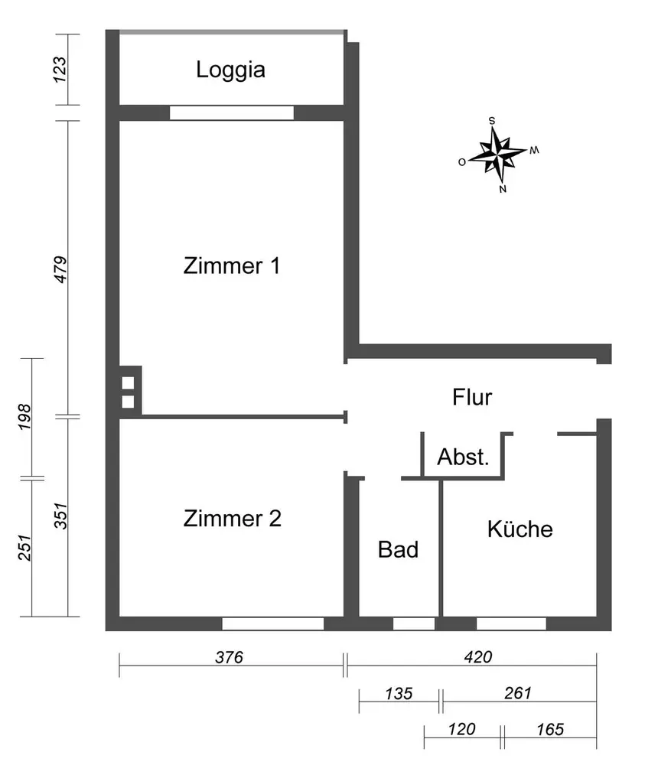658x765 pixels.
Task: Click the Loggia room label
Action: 230,70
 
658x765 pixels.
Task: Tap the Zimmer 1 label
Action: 232,266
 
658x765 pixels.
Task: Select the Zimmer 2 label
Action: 233,519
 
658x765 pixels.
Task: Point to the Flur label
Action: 472,398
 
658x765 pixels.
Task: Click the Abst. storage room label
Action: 462,457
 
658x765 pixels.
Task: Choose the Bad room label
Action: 398,549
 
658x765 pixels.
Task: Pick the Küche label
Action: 520,529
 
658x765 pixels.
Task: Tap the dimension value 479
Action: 62,269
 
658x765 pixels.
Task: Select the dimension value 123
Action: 62,70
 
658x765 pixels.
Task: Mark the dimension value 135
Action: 398,694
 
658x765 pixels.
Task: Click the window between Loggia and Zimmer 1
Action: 231,113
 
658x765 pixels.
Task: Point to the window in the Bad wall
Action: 413,623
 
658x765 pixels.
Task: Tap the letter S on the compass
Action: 492,120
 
